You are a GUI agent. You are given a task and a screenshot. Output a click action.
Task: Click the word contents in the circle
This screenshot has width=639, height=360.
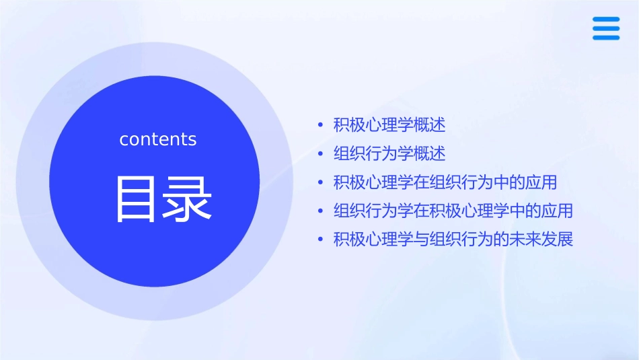(158, 139)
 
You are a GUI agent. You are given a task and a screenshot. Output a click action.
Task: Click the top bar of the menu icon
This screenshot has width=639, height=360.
(606, 20)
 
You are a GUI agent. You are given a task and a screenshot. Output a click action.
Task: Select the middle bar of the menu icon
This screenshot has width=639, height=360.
(606, 28)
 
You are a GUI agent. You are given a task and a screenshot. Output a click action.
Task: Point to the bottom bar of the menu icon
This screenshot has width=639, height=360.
(606, 37)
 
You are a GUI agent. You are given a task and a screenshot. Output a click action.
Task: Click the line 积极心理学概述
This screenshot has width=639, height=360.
(389, 125)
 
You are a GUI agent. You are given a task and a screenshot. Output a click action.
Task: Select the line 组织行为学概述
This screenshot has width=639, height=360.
(389, 153)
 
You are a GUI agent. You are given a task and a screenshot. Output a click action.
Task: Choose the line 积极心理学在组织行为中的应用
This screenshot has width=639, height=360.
(445, 182)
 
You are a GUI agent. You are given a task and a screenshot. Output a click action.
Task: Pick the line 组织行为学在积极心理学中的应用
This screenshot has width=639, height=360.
(453, 211)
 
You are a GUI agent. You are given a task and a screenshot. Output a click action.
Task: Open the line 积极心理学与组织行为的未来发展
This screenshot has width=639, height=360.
(453, 240)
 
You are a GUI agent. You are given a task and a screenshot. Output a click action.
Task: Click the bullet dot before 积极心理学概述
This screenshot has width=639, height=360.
(320, 126)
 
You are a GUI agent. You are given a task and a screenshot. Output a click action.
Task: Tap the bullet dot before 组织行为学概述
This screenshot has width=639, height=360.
(320, 154)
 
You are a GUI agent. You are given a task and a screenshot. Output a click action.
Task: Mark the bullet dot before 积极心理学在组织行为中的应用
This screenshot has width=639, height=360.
(320, 183)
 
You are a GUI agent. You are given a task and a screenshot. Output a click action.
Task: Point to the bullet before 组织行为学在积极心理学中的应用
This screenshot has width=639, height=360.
(320, 211)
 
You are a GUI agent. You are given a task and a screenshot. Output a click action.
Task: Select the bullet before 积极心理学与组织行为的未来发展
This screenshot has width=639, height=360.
(320, 240)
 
